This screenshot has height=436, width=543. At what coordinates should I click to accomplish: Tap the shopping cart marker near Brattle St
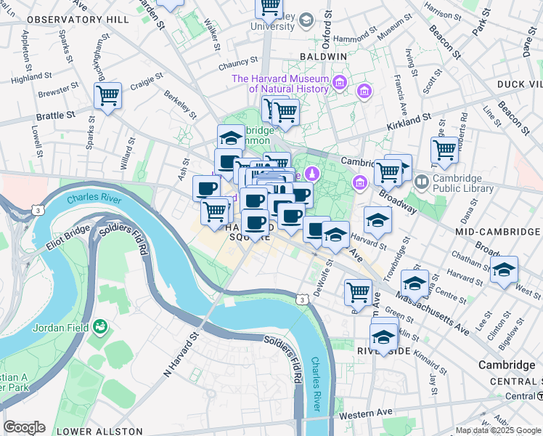[107, 95]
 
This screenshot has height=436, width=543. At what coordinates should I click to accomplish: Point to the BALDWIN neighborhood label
[322, 56]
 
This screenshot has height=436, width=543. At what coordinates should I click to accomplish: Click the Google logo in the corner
[24, 427]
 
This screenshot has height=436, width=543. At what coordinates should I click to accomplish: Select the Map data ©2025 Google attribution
[499, 430]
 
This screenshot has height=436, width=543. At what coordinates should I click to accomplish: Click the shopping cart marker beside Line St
[444, 150]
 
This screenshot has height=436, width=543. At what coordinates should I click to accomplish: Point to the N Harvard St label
[180, 355]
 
